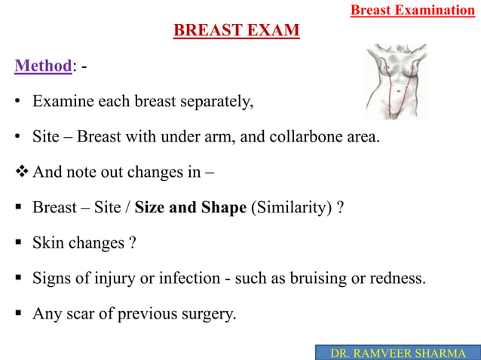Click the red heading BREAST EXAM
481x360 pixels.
237,31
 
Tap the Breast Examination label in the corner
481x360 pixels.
412,10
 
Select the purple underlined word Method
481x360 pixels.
43,66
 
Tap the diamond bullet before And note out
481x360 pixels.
21,172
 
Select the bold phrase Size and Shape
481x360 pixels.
190,207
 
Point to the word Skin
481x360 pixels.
47,243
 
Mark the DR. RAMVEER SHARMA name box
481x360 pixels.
397,352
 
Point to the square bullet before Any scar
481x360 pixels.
19,313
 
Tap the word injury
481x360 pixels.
112,278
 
